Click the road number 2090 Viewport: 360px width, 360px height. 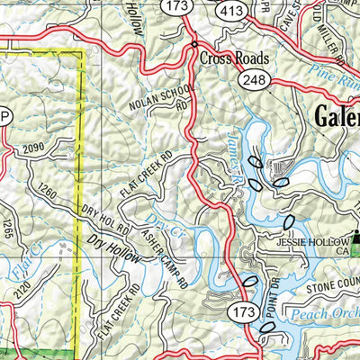coord(33,148)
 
